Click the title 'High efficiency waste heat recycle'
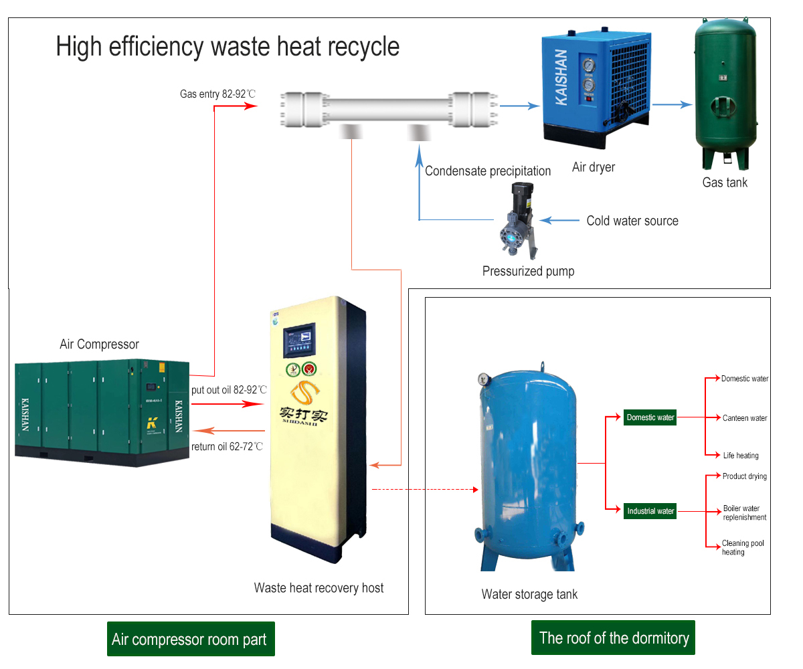tap(228, 47)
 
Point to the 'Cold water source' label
tap(632, 221)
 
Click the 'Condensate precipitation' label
tap(488, 171)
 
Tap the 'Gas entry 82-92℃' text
tap(217, 94)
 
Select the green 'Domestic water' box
tap(650, 417)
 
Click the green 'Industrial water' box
tap(650, 511)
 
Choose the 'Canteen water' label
tap(744, 418)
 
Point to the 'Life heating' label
tap(741, 456)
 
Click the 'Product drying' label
tap(744, 476)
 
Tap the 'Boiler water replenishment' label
tap(744, 513)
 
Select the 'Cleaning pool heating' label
tap(742, 548)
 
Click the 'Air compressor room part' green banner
tap(190, 639)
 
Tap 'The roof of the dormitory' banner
tap(613, 638)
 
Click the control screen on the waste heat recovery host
tap(299, 342)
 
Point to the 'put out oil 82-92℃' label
tap(229, 389)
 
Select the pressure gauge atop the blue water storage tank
tap(482, 379)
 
